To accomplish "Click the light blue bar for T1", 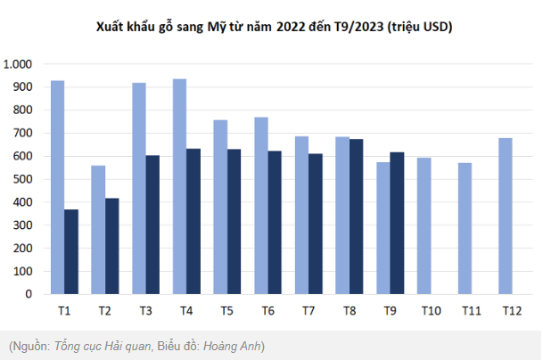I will (x=57, y=187).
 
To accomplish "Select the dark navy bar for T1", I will (x=71, y=251).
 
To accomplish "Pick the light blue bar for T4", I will (x=179, y=186).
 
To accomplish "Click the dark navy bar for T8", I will (x=356, y=217).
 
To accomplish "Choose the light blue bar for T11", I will (x=465, y=228).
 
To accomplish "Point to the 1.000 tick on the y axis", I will (x=18, y=64).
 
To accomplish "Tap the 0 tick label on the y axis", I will (x=29, y=294).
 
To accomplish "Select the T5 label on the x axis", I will (x=227, y=311).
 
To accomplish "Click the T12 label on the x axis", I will (x=512, y=311).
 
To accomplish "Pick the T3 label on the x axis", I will (x=145, y=311).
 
